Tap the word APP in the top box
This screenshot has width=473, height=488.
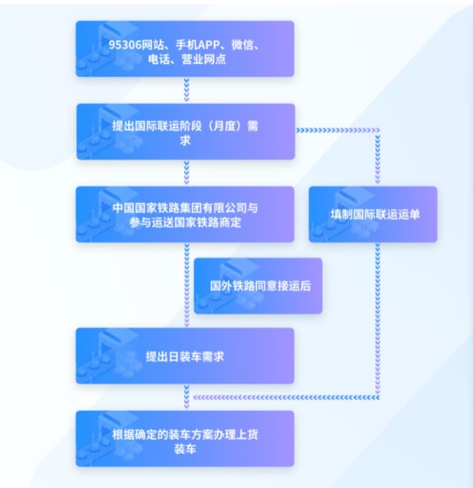(209, 45)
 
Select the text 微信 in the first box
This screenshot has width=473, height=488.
(242, 45)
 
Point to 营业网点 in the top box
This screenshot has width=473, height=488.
(204, 59)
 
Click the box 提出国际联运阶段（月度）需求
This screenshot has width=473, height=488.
(186, 132)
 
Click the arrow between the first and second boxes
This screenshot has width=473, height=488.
(186, 89)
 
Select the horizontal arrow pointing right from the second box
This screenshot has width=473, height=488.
(338, 130)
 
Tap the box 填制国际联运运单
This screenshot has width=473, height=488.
(373, 214)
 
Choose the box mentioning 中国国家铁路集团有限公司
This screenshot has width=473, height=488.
(185, 214)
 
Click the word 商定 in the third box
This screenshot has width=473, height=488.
(231, 223)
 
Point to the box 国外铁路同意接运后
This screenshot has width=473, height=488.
(258, 286)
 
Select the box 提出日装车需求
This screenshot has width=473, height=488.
(185, 356)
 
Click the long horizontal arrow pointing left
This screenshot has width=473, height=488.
(287, 397)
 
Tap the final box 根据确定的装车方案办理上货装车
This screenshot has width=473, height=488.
(185, 439)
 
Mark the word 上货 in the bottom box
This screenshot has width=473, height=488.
(247, 434)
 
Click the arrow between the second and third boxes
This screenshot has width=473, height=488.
(186, 173)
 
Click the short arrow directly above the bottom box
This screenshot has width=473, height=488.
(186, 397)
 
